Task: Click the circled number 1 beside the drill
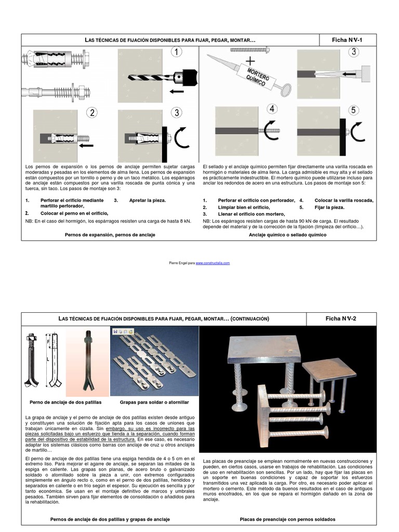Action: point(176,52)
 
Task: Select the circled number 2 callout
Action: point(92,112)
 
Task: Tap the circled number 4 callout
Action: point(272,109)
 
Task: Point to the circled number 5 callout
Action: point(353,110)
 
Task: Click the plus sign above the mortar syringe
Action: point(250,61)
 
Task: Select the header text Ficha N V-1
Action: point(347,40)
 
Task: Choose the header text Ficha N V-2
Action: point(341,318)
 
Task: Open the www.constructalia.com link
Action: point(212,263)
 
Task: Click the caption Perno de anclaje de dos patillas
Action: point(65,403)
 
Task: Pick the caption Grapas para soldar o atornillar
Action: point(154,403)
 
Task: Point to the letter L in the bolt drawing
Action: point(48,359)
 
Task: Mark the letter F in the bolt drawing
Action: point(48,341)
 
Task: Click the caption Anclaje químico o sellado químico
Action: point(288,235)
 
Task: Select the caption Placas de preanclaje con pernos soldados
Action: point(288,520)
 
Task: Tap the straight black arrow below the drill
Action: point(177,91)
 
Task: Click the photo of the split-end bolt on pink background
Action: point(87,362)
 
